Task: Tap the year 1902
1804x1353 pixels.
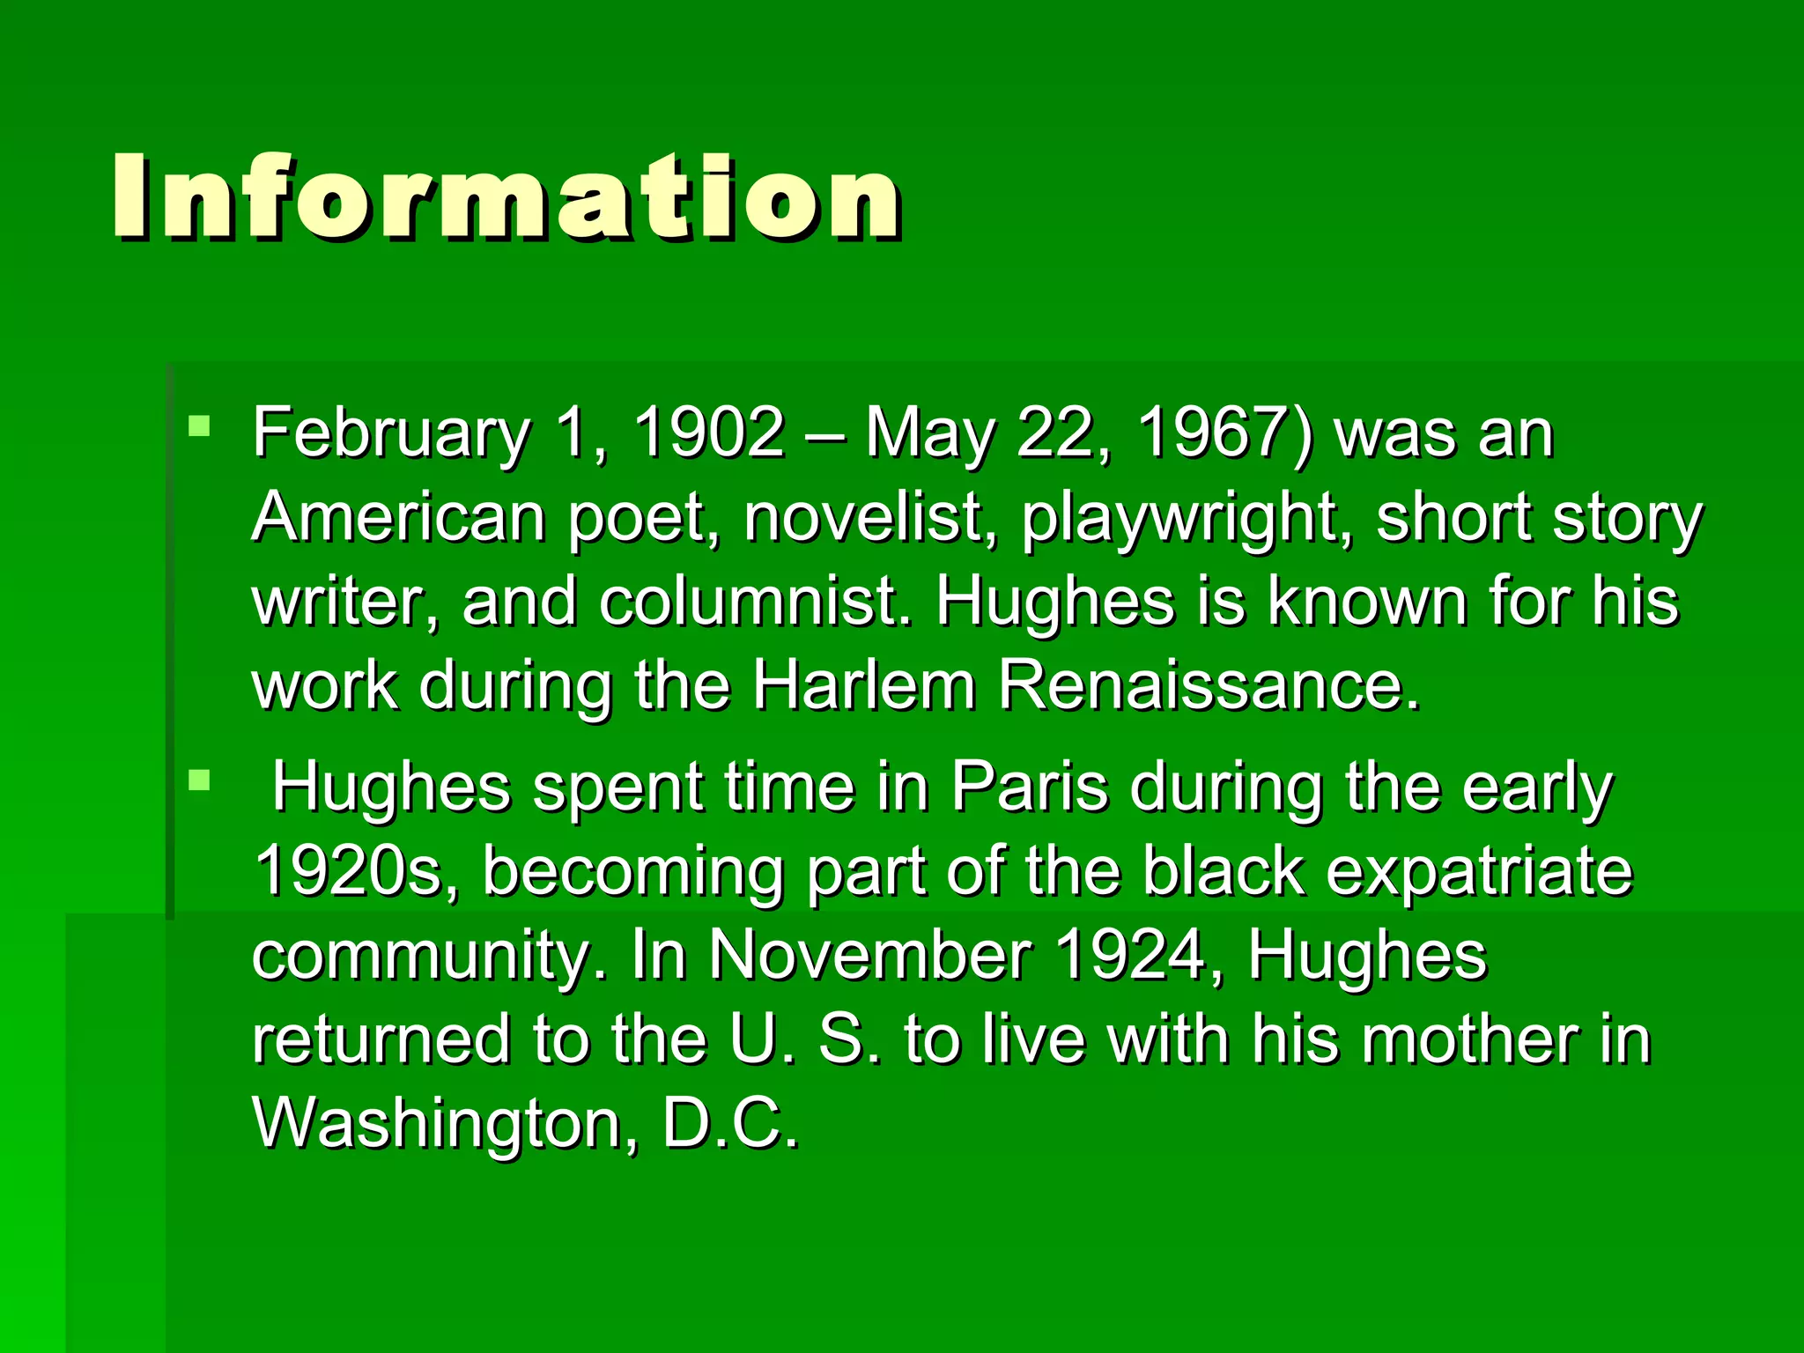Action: click(709, 433)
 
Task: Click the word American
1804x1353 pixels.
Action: click(398, 517)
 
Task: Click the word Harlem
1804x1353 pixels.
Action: click(863, 685)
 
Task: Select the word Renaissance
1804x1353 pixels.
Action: click(1209, 685)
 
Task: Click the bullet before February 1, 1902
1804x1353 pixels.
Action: click(200, 427)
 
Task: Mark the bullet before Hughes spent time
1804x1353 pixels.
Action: click(200, 780)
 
